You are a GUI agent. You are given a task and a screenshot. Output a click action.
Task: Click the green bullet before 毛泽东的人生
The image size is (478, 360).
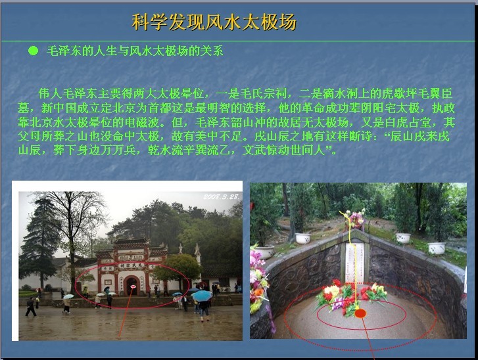(33, 51)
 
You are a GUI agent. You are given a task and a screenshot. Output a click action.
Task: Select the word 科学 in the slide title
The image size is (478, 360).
(150, 22)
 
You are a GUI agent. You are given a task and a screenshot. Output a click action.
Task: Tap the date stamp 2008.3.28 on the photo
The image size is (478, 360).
(222, 196)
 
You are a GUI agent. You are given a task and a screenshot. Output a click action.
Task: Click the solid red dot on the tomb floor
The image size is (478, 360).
(360, 313)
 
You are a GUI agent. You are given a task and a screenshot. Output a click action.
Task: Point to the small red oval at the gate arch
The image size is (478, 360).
(133, 286)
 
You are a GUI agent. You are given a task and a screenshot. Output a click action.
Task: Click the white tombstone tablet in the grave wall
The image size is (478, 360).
(354, 263)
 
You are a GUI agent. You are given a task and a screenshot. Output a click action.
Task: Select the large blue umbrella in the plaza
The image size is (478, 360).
(201, 296)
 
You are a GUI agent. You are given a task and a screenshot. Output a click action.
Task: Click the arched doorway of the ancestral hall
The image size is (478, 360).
(131, 286)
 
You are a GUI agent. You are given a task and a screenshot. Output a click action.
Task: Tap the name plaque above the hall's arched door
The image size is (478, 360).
(131, 265)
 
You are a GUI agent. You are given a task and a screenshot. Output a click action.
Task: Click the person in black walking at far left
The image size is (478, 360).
(30, 306)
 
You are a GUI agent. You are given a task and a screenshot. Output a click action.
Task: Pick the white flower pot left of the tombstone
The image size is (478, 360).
(303, 238)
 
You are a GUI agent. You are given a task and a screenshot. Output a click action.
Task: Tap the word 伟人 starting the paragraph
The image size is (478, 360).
(51, 93)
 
